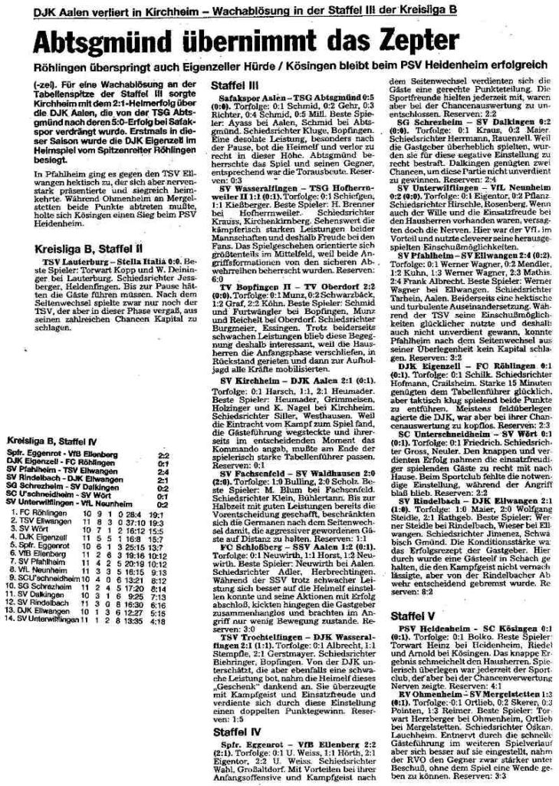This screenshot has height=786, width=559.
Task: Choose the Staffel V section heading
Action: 414,572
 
